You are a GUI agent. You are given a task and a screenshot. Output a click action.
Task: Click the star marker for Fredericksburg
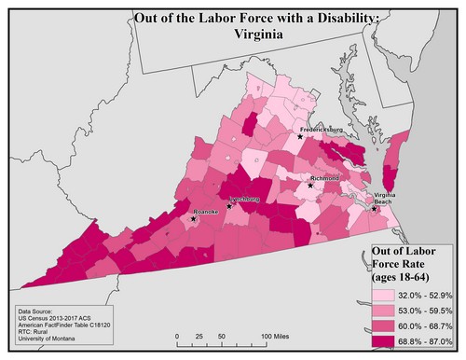300,136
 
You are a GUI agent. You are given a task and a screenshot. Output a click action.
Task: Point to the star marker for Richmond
310,185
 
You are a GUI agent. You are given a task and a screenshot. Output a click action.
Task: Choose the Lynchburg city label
245,200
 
